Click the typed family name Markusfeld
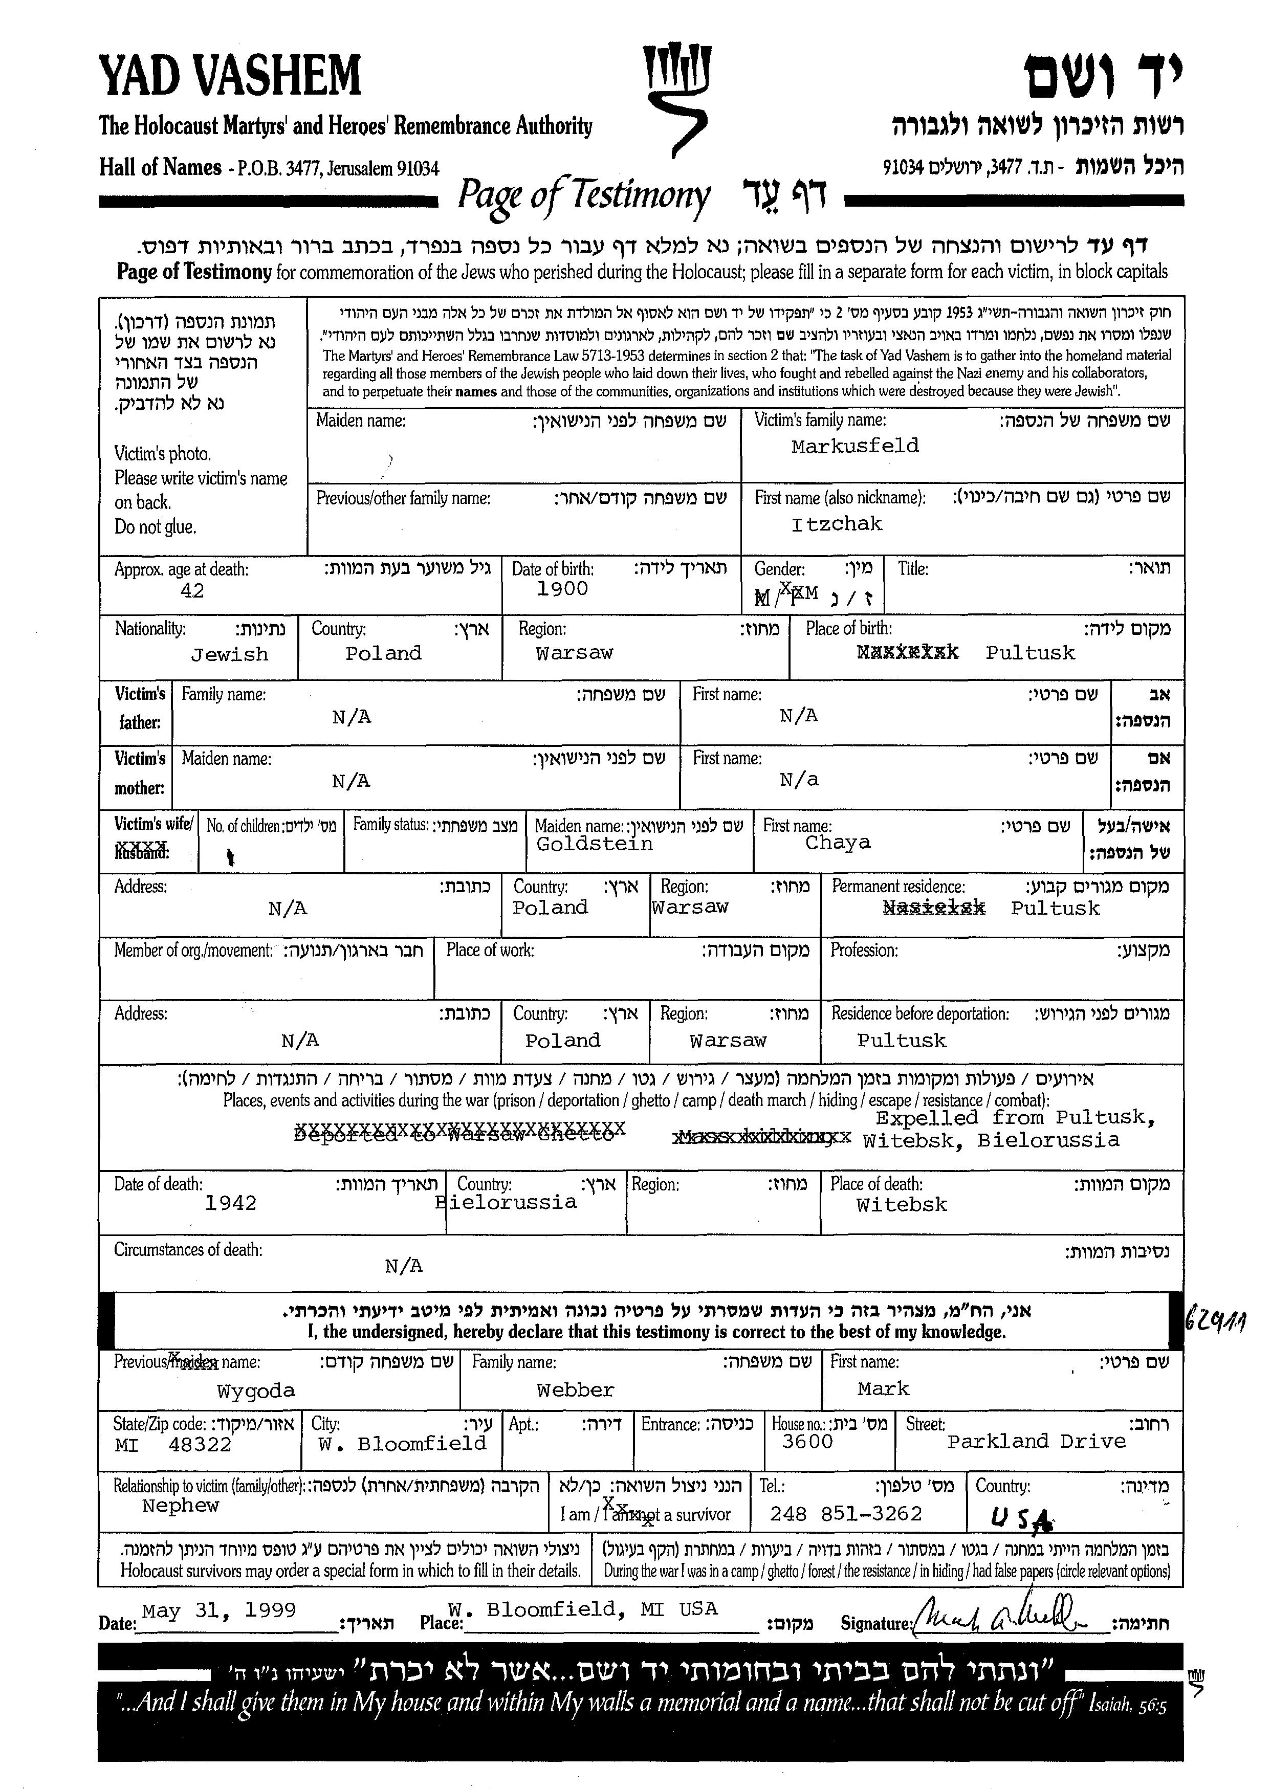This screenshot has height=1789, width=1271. point(854,446)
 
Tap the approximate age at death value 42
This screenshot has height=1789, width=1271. point(192,591)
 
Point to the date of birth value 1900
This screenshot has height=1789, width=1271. point(562,588)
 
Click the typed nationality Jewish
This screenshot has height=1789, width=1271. point(229,654)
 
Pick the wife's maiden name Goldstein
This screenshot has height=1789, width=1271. point(594,844)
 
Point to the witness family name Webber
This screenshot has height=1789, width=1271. point(575,1390)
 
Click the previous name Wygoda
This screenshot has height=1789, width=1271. point(256,1390)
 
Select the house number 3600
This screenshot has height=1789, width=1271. point(807,1442)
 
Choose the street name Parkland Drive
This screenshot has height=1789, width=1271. point(1036,1442)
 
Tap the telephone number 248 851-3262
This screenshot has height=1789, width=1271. point(846,1514)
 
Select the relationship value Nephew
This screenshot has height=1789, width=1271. point(180,1506)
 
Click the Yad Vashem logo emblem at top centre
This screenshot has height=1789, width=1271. point(676,98)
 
